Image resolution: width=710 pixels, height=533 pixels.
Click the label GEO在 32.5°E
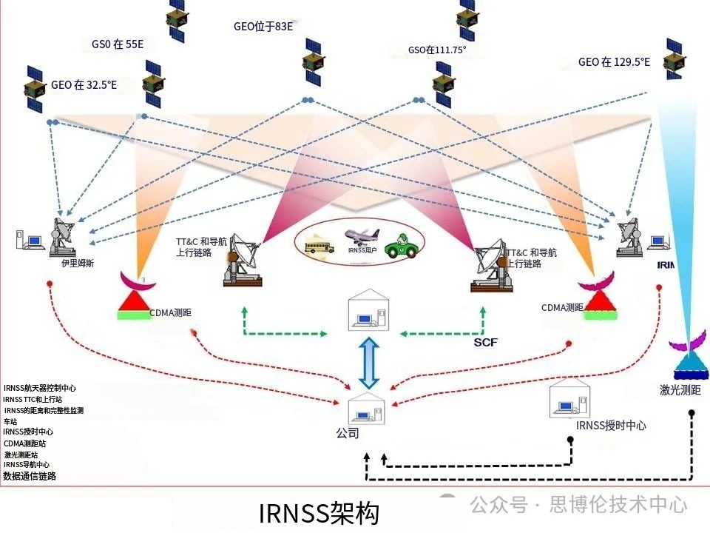point(84,85)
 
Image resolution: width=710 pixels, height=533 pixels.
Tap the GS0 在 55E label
point(118,44)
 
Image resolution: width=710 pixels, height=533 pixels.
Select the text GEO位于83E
point(263,27)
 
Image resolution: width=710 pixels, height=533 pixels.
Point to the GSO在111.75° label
point(437,50)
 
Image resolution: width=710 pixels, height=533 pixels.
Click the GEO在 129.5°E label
point(614,62)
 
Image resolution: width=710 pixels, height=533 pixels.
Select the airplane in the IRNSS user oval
point(361,236)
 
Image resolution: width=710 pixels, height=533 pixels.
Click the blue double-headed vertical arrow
point(368,362)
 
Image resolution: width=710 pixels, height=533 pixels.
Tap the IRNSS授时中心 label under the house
point(611,426)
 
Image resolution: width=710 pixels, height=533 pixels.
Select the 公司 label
point(347,433)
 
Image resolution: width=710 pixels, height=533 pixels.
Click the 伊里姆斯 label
point(78,262)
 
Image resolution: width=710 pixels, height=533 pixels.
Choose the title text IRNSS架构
point(319,513)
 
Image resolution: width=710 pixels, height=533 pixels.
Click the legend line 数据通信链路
point(30,476)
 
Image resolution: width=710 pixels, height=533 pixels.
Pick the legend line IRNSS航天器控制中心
point(40,388)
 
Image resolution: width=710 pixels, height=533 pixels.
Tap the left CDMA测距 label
point(170,312)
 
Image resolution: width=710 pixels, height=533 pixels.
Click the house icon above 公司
point(368,407)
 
